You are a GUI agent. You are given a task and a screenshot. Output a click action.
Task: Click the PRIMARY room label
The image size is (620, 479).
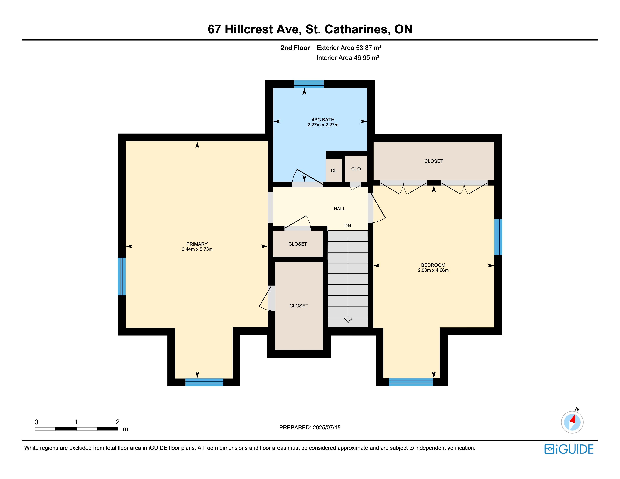pyautogui.click(x=197, y=244)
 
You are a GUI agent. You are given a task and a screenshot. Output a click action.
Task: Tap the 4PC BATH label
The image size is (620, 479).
pyautogui.click(x=323, y=120)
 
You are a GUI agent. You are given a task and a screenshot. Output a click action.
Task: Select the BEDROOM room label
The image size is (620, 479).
pyautogui.click(x=433, y=265)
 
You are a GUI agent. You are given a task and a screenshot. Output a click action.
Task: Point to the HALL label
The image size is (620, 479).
pyautogui.click(x=339, y=209)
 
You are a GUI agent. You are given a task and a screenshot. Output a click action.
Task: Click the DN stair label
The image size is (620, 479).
pyautogui.click(x=347, y=226)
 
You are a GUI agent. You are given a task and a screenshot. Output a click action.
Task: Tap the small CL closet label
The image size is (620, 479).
pyautogui.click(x=334, y=171)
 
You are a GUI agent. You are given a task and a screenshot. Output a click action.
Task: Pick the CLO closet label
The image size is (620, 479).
pyautogui.click(x=356, y=169)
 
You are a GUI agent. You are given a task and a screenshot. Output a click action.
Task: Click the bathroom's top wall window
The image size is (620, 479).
pyautogui.click(x=309, y=84)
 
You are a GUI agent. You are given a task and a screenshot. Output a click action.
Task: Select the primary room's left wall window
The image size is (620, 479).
pyautogui.click(x=122, y=276)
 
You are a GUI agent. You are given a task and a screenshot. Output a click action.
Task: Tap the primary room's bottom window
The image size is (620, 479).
pyautogui.click(x=204, y=382)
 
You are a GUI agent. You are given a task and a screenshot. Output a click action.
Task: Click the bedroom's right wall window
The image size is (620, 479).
pyautogui.click(x=498, y=237)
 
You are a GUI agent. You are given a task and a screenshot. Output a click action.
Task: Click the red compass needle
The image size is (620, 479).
pyautogui.click(x=573, y=419)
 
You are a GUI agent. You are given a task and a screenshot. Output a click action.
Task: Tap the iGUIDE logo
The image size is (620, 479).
pyautogui.click(x=569, y=449)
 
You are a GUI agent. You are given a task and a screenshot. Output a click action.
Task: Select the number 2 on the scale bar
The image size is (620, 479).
pyautogui.click(x=118, y=422)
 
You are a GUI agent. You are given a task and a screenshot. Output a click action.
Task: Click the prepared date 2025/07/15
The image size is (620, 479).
pyautogui.click(x=327, y=427)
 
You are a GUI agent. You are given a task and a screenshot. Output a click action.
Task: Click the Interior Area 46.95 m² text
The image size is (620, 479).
pyautogui.click(x=348, y=58)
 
